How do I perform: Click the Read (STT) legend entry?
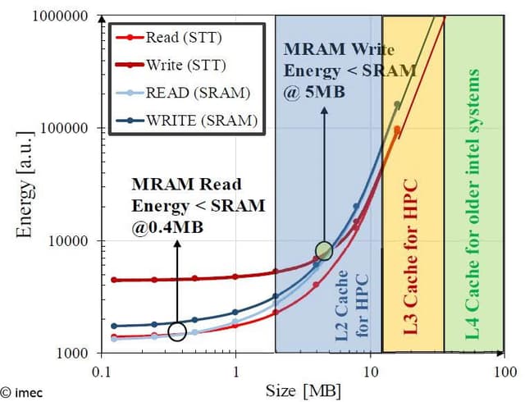pos(177,37)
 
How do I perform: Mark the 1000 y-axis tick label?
pos(71,353)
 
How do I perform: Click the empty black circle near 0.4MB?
pos(177,331)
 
